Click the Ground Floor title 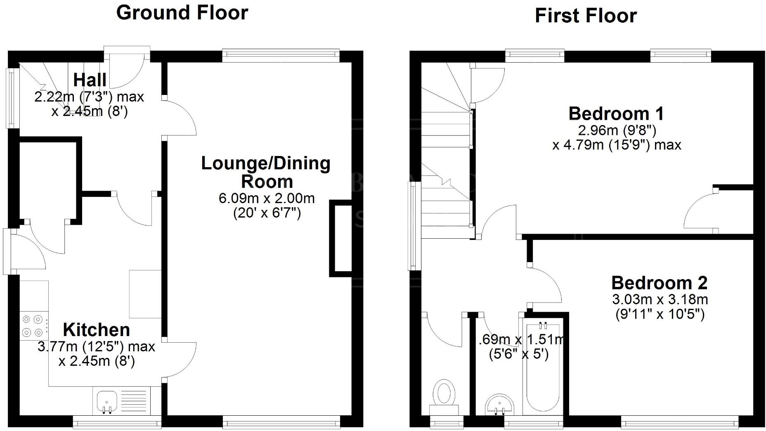coord(182,13)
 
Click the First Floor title coord(586,16)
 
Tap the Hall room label coord(90,80)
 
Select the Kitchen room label coord(97,330)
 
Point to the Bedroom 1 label coord(617,114)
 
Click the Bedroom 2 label coord(660,283)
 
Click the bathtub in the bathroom coord(543,366)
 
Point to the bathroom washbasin coord(499,405)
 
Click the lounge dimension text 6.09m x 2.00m coord(267,198)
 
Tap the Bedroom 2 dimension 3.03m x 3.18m coord(660,299)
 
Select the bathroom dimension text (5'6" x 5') coord(519,354)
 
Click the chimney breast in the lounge coord(340,238)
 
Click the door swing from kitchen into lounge coord(179,359)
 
